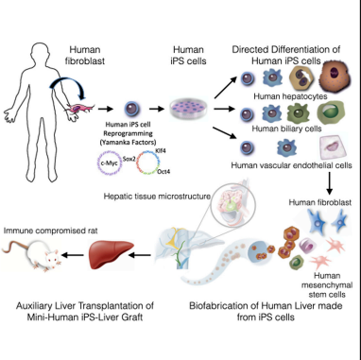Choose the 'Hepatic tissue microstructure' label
pos(156,196)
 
